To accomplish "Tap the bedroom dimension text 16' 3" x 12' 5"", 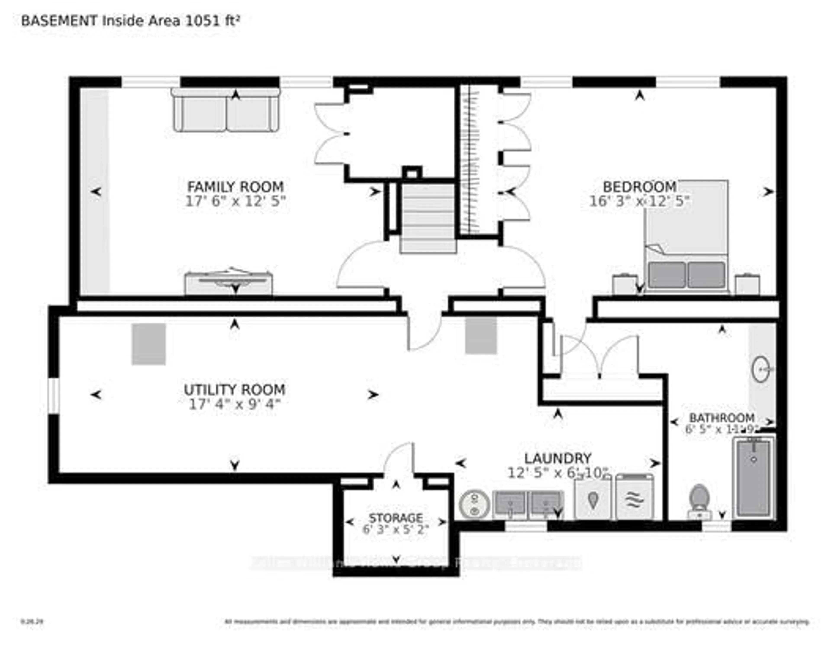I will click(x=639, y=201).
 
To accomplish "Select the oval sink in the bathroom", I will click(x=761, y=369).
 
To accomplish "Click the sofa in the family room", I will click(x=226, y=111).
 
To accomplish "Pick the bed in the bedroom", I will click(x=686, y=236).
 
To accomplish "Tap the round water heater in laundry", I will click(x=474, y=505).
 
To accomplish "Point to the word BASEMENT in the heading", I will click(x=59, y=21).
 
